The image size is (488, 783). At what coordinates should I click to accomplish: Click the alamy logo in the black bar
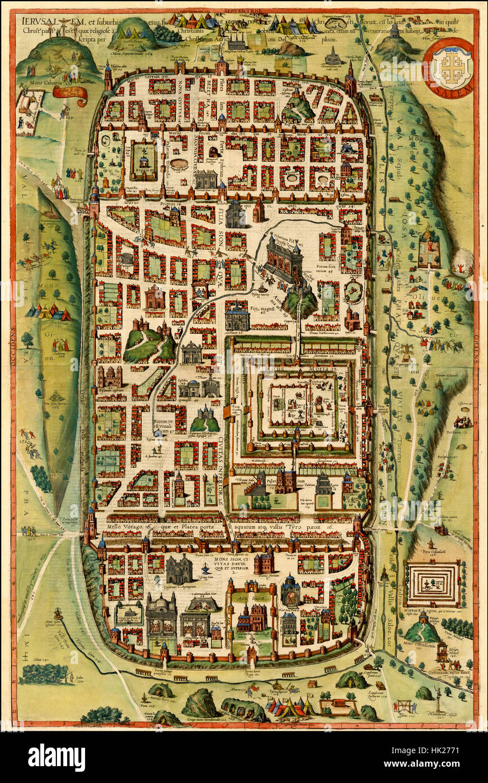point(56,758)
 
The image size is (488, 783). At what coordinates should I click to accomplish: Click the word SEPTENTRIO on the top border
point(244,10)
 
